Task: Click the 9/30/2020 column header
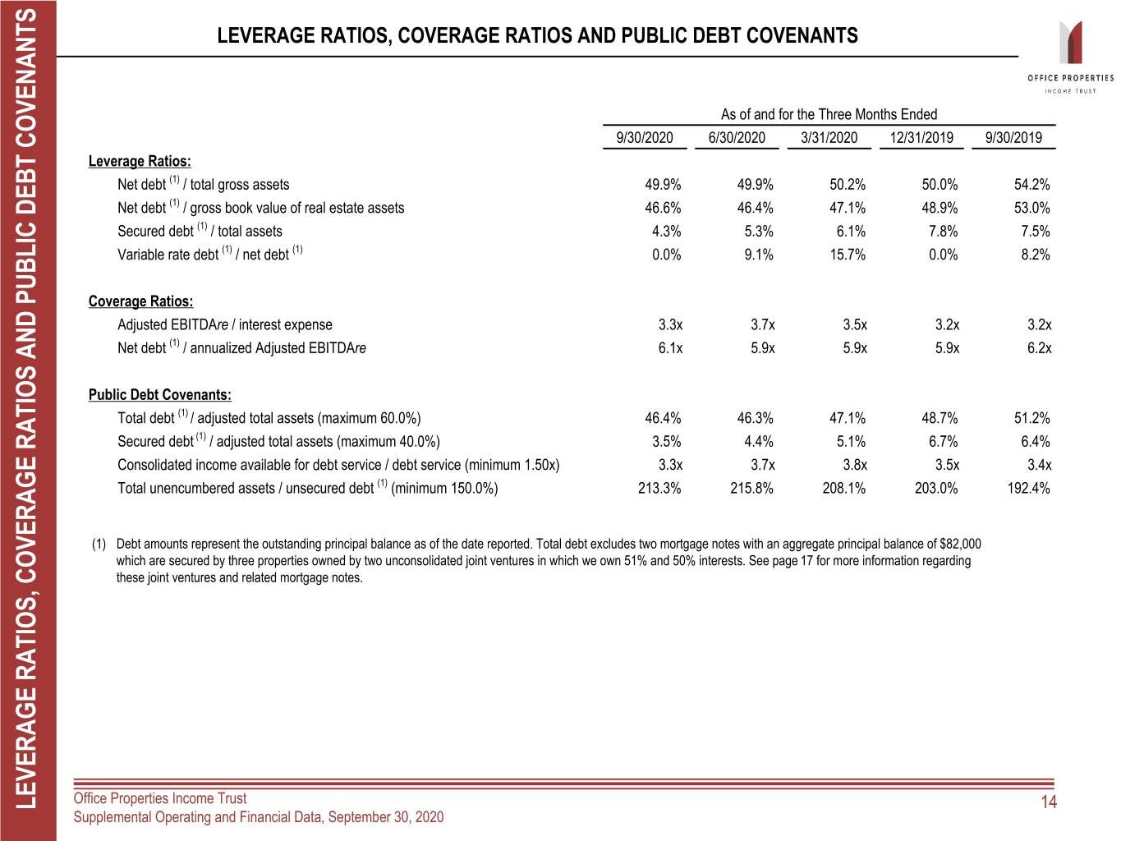pyautogui.click(x=644, y=138)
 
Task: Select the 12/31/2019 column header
pyautogui.click(x=921, y=138)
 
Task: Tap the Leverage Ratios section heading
pyautogui.click(x=140, y=162)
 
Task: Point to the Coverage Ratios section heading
pyautogui.click(x=140, y=301)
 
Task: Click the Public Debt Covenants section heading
pyautogui.click(x=159, y=395)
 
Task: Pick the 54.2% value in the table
pyautogui.click(x=1031, y=185)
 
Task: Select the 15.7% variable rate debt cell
pyautogui.click(x=848, y=255)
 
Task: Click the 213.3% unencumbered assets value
pyautogui.click(x=659, y=488)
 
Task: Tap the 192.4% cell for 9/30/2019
pyautogui.click(x=1028, y=488)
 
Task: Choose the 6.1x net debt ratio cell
pyautogui.click(x=670, y=348)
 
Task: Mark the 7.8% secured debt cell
pyautogui.click(x=942, y=232)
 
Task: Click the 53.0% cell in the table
pyautogui.click(x=1031, y=208)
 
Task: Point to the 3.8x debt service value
pyautogui.click(x=855, y=465)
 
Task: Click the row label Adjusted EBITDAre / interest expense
pyautogui.click(x=224, y=325)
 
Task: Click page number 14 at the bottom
pyautogui.click(x=1049, y=802)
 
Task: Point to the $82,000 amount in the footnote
pyautogui.click(x=959, y=544)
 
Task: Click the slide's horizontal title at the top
pyautogui.click(x=537, y=35)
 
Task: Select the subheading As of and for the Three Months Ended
pyautogui.click(x=829, y=114)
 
